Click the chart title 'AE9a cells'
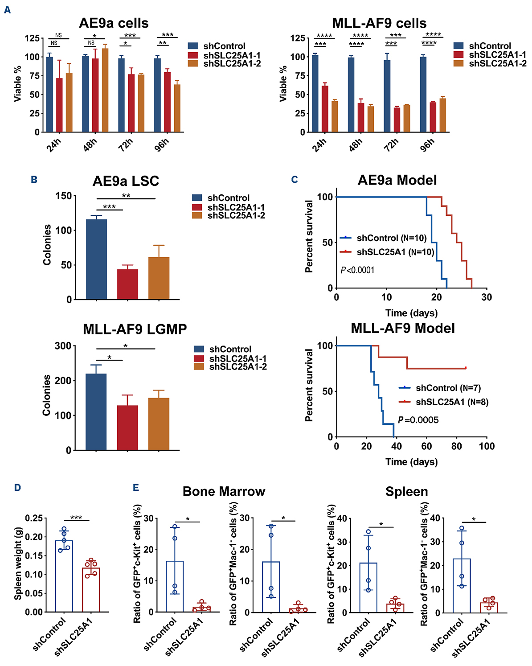(114, 23)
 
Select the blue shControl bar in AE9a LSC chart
(96, 259)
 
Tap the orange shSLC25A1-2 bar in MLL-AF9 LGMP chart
(159, 423)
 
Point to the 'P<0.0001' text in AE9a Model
(357, 270)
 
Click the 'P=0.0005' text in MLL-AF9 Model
(418, 420)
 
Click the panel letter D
(17, 488)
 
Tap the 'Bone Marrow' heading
(224, 491)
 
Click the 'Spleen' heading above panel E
(406, 491)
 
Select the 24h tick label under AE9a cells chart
(53, 145)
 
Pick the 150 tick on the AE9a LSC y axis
(63, 196)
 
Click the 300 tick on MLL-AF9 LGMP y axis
(63, 346)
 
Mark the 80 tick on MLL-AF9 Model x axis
(457, 446)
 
